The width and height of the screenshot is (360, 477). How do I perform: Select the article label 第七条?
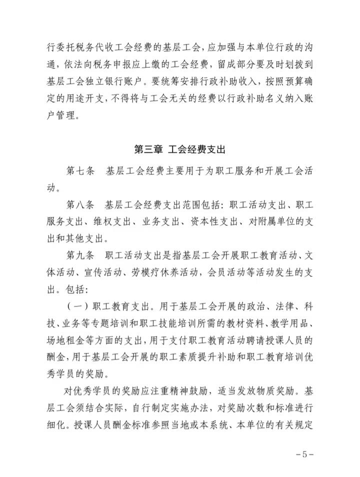pos(80,170)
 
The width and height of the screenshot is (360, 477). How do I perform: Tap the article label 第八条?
pos(80,205)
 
